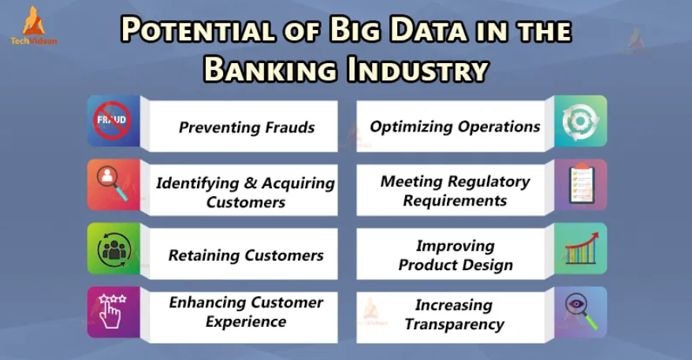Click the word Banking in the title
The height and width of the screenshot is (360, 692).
coord(270,69)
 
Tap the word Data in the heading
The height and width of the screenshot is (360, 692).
coord(428,30)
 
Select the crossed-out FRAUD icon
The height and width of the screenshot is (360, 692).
coord(112,120)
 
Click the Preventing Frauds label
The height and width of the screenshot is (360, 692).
coord(246,128)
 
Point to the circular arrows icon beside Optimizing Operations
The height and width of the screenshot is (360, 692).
coord(580,121)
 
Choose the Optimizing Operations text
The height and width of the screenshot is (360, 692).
coord(455,127)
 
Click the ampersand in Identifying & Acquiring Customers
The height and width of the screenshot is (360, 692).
coord(250,183)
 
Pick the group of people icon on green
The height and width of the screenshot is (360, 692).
coord(113,250)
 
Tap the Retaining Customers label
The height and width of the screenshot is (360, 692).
coord(246,255)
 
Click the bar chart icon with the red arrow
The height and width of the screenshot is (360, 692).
coord(582,248)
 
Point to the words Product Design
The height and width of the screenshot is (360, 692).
coord(456,265)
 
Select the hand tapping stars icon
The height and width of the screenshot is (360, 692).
coord(112,311)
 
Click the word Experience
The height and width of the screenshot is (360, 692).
coord(246,322)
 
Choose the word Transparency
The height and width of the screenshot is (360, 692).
coord(455,325)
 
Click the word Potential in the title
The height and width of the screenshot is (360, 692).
coord(198,30)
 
